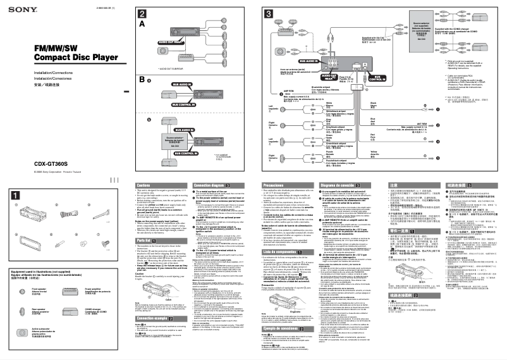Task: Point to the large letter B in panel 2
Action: point(142,80)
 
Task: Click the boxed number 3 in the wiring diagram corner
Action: point(267,14)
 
